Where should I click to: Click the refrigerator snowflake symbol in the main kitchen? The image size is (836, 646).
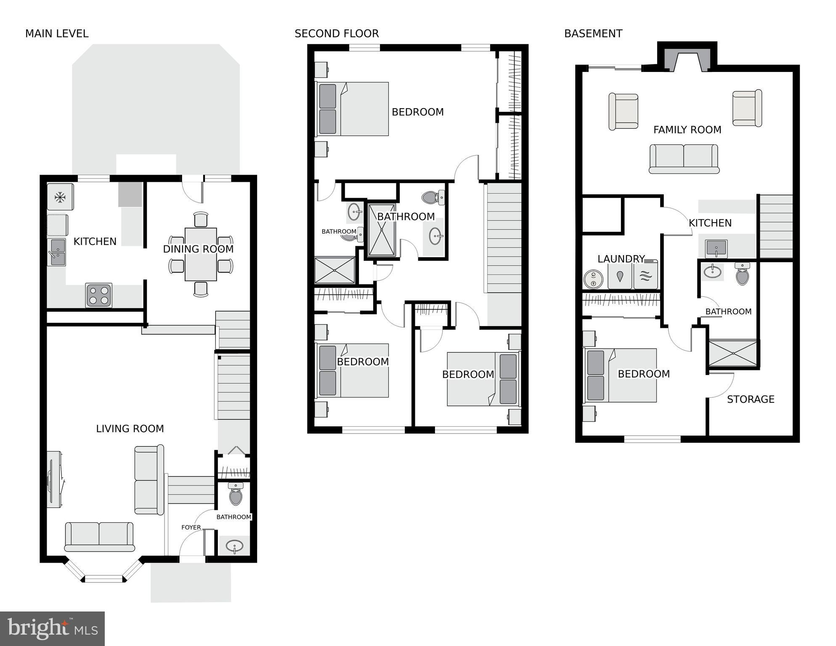click(x=60, y=197)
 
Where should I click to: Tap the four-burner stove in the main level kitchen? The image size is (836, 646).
click(x=99, y=295)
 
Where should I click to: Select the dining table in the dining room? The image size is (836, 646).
click(x=201, y=254)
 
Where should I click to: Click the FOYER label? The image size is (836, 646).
click(x=191, y=527)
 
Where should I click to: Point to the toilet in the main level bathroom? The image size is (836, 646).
click(x=236, y=495)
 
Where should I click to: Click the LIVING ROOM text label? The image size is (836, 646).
click(x=130, y=429)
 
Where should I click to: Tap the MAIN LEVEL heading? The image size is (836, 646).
click(x=57, y=34)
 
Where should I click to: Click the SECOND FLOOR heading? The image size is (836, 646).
click(x=337, y=34)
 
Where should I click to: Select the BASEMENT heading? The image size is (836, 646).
click(x=593, y=34)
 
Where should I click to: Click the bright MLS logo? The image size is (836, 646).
click(x=52, y=628)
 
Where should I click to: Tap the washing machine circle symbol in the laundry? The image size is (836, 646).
click(x=593, y=279)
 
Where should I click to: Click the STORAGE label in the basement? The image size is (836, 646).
click(x=751, y=399)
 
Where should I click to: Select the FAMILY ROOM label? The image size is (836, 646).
click(x=687, y=130)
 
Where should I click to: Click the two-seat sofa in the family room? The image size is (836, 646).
click(x=684, y=159)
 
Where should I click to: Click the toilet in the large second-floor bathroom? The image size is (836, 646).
click(x=433, y=197)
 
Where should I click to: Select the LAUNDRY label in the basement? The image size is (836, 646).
click(x=621, y=259)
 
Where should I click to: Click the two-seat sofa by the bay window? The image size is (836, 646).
click(x=99, y=537)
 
